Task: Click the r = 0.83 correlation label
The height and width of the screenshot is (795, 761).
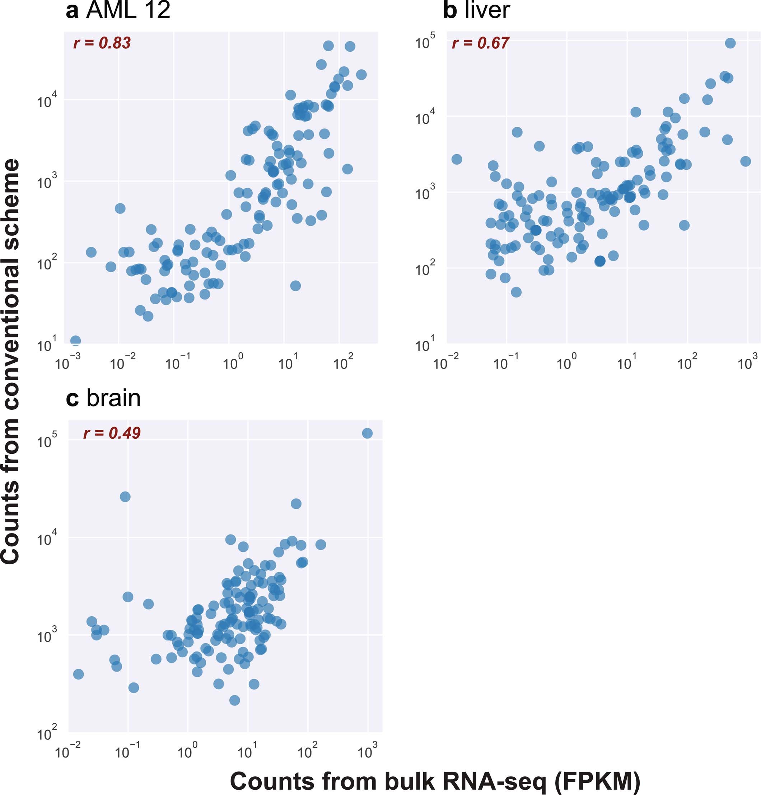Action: click(x=102, y=43)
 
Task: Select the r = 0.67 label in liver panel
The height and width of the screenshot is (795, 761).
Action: click(x=480, y=43)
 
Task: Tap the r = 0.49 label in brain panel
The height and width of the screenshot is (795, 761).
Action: click(x=112, y=433)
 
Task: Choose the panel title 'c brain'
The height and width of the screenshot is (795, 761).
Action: click(x=103, y=399)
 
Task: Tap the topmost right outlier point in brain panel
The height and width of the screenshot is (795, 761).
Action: click(x=367, y=433)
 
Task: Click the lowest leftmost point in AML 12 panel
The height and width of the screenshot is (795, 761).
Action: click(x=75, y=340)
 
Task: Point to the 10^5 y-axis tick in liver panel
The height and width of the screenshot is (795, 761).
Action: click(x=425, y=41)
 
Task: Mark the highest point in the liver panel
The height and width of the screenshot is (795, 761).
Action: click(x=730, y=43)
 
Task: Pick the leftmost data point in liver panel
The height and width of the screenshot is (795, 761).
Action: click(x=456, y=159)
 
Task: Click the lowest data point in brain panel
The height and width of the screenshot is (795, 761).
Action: click(x=234, y=700)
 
